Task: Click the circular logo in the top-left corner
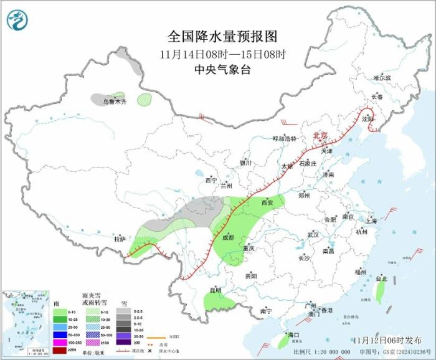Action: (x=17, y=21)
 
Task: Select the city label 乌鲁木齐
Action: (x=115, y=102)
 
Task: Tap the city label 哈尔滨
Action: (x=382, y=78)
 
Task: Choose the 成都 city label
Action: (x=227, y=237)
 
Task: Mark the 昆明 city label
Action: (x=215, y=290)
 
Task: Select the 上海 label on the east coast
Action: (x=371, y=220)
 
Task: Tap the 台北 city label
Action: (x=381, y=279)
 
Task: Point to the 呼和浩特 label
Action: (x=286, y=139)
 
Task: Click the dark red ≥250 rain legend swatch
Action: (x=59, y=350)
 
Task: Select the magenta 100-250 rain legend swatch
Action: (x=59, y=343)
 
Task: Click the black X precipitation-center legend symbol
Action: (x=149, y=350)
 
